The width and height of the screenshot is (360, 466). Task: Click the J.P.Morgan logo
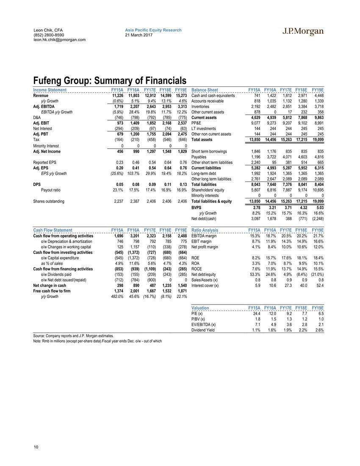[x=303, y=31]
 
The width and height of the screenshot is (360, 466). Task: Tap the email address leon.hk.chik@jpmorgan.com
[x=59, y=40]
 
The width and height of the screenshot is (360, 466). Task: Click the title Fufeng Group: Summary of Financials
[x=110, y=80]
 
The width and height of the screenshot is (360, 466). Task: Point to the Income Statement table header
[x=50, y=90]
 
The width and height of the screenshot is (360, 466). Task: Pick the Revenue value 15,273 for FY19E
[x=180, y=96]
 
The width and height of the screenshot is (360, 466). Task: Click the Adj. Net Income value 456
[x=120, y=151]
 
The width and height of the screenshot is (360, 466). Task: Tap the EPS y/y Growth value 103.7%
[x=133, y=173]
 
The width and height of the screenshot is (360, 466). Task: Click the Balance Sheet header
[x=205, y=90]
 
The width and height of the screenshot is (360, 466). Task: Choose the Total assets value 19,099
[x=318, y=139]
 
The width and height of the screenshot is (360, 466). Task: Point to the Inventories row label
[x=200, y=107]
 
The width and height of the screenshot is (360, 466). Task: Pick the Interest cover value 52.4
[x=318, y=286]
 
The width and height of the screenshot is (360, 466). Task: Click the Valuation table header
[x=200, y=308]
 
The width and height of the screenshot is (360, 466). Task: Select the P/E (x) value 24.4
[x=256, y=313]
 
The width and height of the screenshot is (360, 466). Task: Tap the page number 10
[x=36, y=447]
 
